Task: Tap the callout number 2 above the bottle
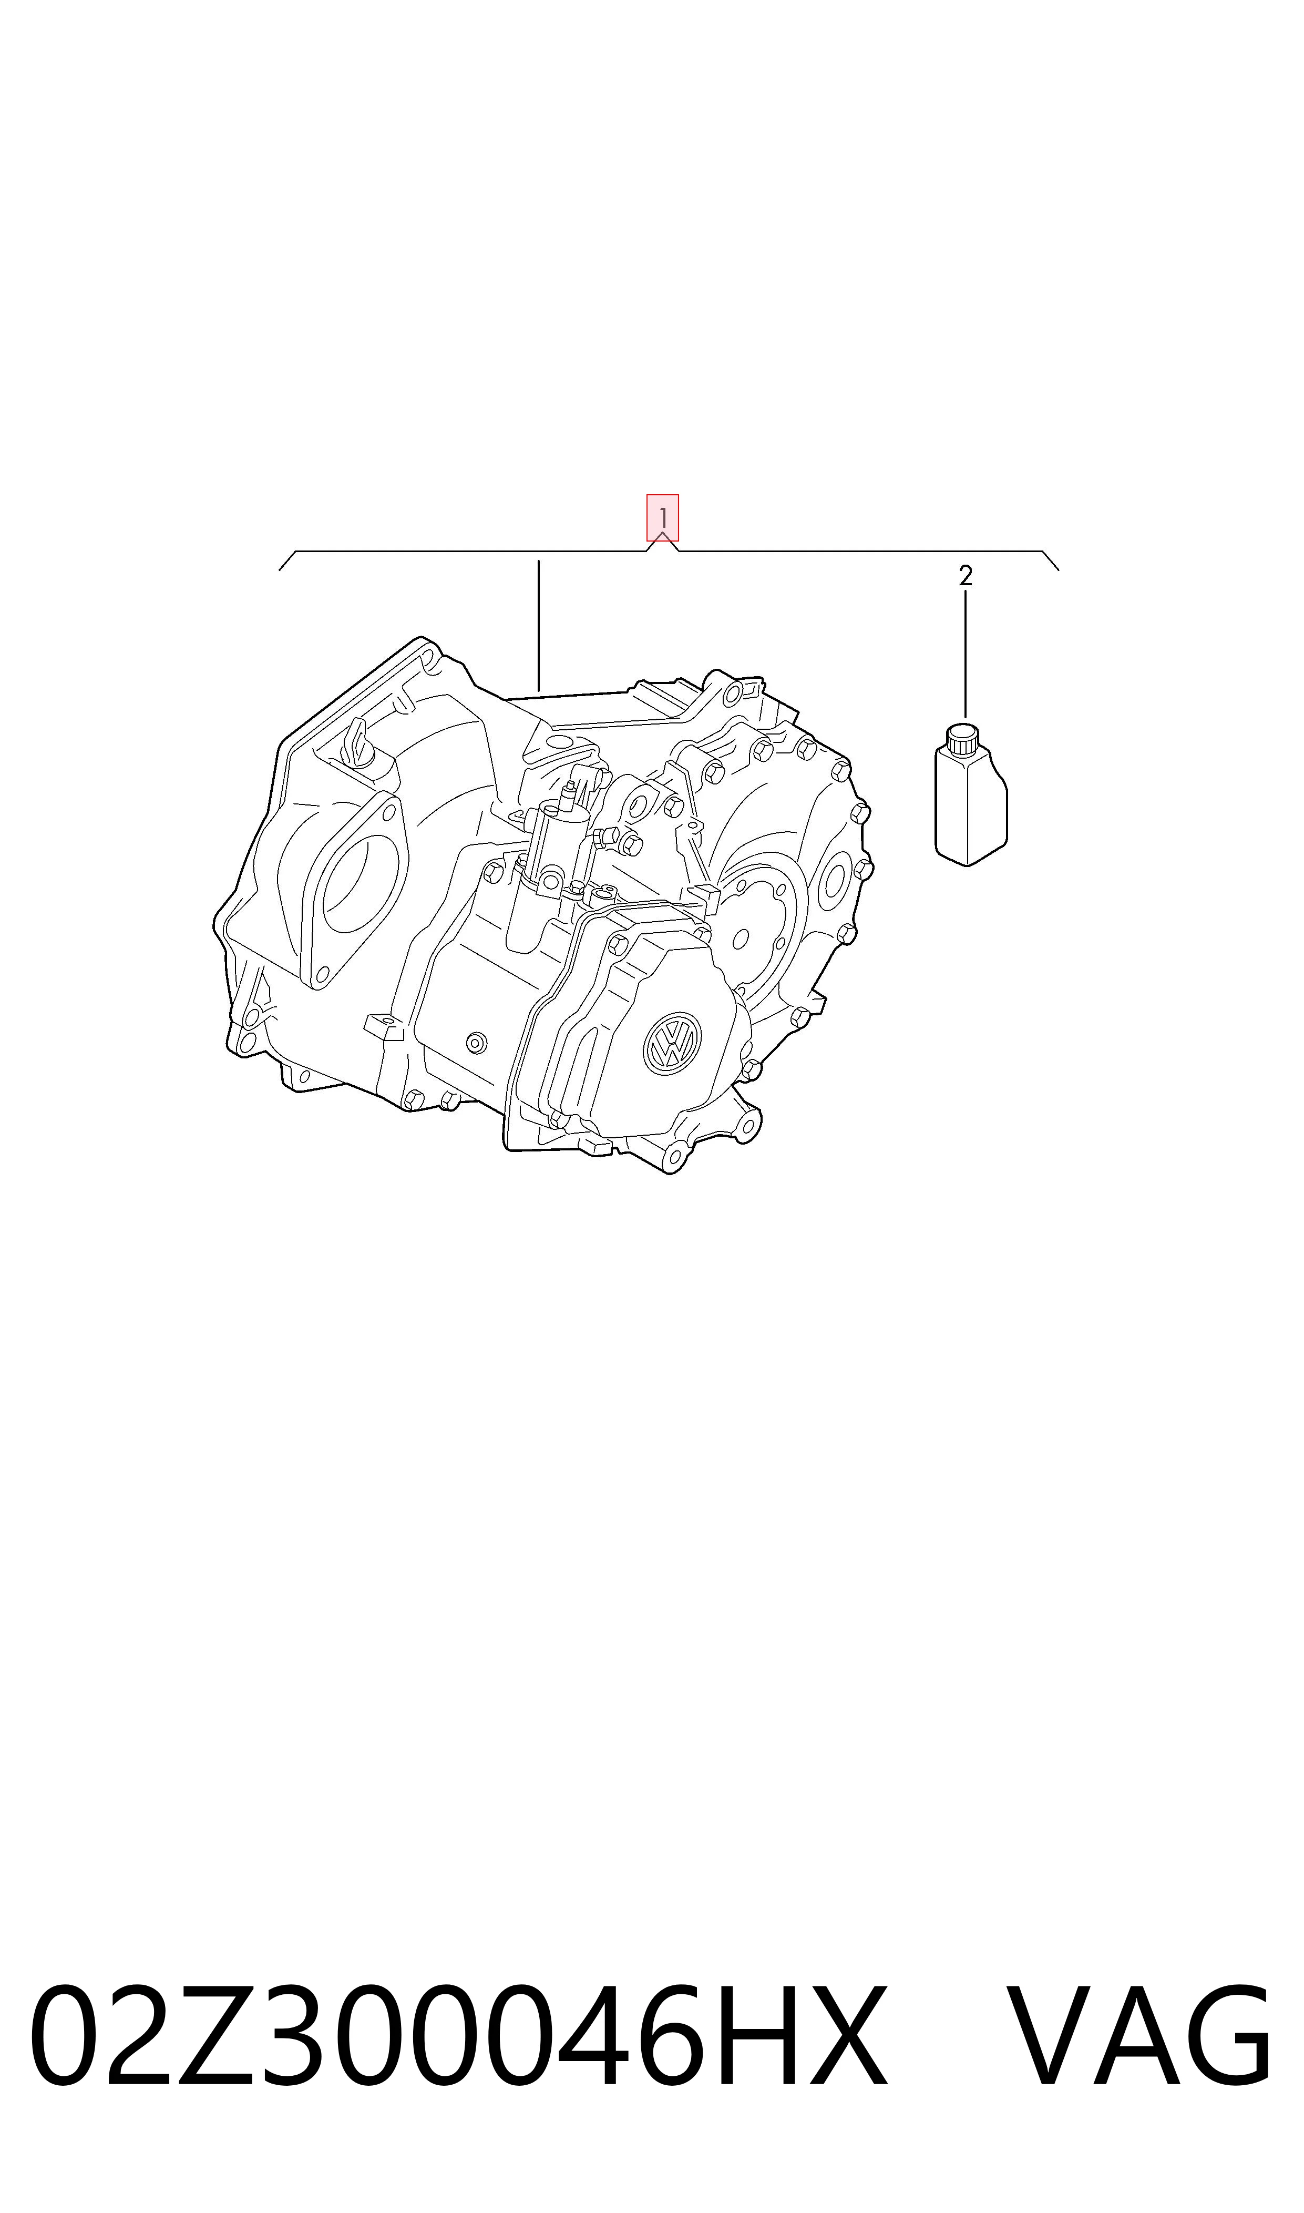[x=966, y=577]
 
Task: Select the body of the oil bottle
[x=971, y=804]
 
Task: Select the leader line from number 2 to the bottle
[x=966, y=655]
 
